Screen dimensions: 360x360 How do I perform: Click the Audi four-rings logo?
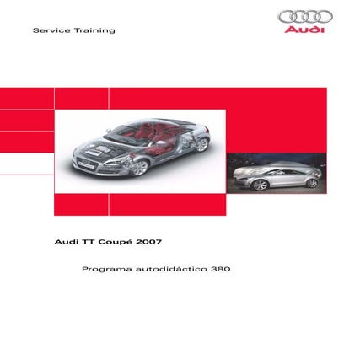click(x=304, y=16)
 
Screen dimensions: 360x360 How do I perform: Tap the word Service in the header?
click(x=50, y=30)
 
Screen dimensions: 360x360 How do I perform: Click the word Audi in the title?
click(x=66, y=241)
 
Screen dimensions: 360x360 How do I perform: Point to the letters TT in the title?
click(x=88, y=241)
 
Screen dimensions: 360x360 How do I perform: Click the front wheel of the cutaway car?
click(x=137, y=166)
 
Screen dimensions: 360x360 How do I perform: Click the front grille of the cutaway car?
click(x=88, y=159)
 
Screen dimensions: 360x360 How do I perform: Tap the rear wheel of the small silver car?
click(x=312, y=182)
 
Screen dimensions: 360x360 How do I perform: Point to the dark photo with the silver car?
click(x=276, y=174)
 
